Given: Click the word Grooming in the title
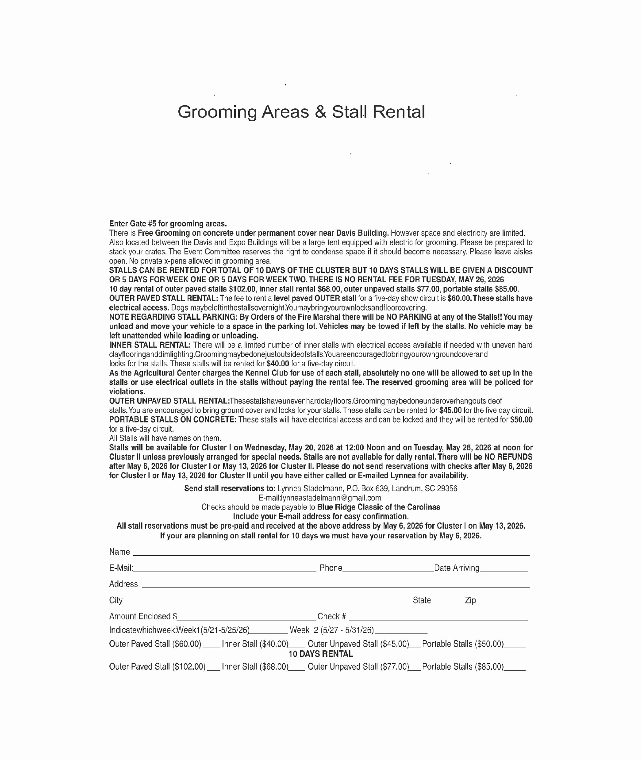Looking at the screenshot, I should coord(217,112).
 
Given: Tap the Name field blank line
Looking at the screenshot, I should coord(331,554).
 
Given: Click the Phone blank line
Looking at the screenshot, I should coord(388,571).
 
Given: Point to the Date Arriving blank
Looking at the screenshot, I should coord(504,571).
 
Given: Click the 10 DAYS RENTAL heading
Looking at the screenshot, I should coord(320,654).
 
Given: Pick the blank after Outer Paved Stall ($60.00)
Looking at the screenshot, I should coord(211,647).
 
